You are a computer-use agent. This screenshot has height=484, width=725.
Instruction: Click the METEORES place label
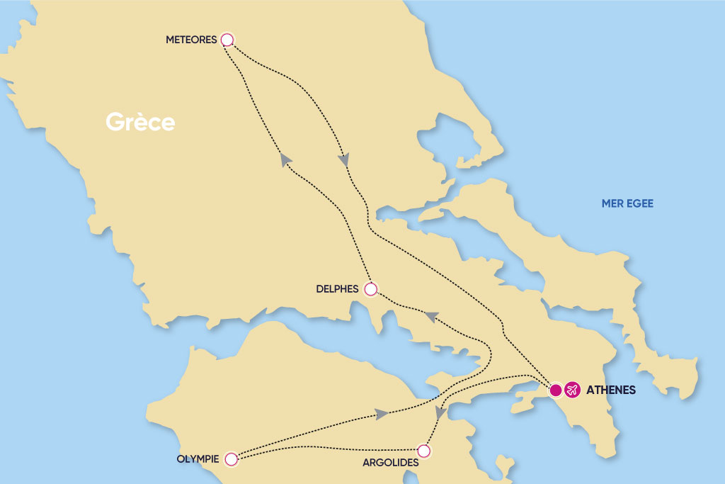pyautogui.click(x=190, y=40)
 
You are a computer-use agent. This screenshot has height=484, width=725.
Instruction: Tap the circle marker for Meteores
pyautogui.click(x=227, y=40)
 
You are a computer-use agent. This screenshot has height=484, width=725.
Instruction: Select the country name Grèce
pyautogui.click(x=140, y=122)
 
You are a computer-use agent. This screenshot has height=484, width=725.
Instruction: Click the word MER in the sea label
pyautogui.click(x=612, y=204)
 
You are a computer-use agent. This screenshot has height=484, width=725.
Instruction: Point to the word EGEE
pyautogui.click(x=640, y=204)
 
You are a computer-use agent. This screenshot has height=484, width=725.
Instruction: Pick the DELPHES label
pyautogui.click(x=338, y=289)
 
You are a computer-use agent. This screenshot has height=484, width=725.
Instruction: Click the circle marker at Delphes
pyautogui.click(x=370, y=289)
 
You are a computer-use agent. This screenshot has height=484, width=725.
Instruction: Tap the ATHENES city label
pyautogui.click(x=611, y=390)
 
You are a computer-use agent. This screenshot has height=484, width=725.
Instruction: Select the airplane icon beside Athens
pyautogui.click(x=572, y=390)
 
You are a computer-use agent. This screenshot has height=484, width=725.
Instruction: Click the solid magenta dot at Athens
pyautogui.click(x=556, y=390)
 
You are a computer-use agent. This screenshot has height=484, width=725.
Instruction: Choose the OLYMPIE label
pyautogui.click(x=198, y=459)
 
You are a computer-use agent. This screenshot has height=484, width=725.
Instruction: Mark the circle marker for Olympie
pyautogui.click(x=230, y=460)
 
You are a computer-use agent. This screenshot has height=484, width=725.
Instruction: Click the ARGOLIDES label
pyautogui.click(x=385, y=463)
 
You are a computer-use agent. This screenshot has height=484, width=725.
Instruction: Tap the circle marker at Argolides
pyautogui.click(x=423, y=451)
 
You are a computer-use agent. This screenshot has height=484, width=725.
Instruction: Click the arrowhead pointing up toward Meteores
pyautogui.click(x=286, y=160)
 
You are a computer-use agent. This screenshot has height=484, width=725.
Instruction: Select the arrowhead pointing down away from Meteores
pyautogui.click(x=344, y=161)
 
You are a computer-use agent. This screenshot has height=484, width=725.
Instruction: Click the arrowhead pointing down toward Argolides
pyautogui.click(x=440, y=412)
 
